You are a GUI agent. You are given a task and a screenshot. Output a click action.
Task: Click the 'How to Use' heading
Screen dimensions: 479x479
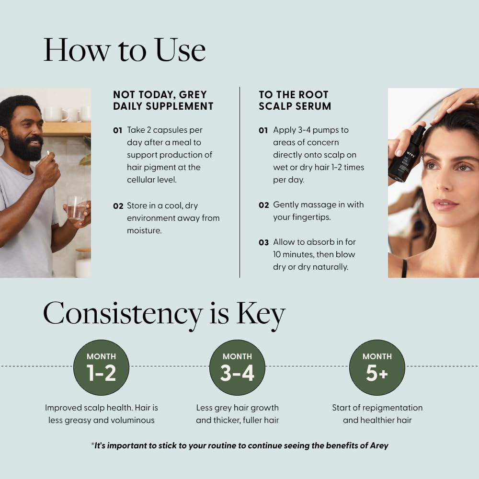click(125, 49)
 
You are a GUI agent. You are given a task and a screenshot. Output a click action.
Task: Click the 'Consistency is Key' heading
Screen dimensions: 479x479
click(164, 314)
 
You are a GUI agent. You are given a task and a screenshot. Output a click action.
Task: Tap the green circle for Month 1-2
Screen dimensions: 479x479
click(101, 367)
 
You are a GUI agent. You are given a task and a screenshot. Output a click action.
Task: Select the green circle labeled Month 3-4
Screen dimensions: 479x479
click(237, 367)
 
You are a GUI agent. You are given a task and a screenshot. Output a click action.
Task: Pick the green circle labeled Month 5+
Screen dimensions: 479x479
click(377, 367)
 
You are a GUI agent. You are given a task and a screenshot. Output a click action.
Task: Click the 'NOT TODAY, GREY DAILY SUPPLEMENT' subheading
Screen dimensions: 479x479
click(163, 100)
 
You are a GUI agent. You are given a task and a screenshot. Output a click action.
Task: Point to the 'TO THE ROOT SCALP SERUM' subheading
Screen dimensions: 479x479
click(295, 100)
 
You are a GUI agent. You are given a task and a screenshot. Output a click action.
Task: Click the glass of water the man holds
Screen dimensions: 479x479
click(76, 208)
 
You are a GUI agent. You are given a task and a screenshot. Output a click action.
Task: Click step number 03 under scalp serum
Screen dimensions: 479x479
click(263, 242)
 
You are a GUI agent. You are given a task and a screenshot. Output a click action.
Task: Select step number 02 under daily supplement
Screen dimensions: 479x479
click(118, 206)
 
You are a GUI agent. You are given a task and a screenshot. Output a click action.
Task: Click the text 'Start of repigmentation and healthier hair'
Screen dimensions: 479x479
click(377, 414)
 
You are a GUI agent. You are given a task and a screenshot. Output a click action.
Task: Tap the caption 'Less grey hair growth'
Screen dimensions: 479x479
click(237, 408)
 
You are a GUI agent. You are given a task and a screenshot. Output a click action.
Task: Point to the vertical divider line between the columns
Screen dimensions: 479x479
click(239, 182)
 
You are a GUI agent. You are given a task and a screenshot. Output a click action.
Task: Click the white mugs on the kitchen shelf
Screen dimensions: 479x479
click(67, 114)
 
